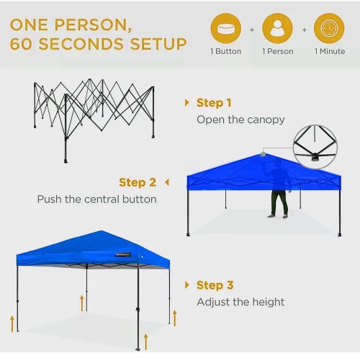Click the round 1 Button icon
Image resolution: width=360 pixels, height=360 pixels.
click(x=226, y=29)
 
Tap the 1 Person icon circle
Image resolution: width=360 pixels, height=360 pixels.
click(x=277, y=29)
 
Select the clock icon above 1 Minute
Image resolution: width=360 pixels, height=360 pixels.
click(x=329, y=29)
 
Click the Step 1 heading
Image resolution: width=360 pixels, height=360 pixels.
click(x=214, y=103)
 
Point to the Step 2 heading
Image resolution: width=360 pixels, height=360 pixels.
click(x=138, y=182)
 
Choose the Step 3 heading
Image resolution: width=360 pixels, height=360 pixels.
click(x=215, y=285)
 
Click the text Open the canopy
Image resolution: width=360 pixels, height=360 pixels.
click(x=240, y=120)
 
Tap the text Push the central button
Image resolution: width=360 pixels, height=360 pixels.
click(x=97, y=199)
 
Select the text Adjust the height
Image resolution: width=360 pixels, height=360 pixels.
click(x=240, y=302)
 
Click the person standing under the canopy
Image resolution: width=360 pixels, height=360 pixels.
click(x=279, y=189)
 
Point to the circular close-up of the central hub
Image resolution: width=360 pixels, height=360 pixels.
click(x=315, y=147)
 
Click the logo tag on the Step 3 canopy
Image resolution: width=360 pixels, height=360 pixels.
click(x=123, y=255)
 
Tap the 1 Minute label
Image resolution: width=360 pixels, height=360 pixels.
click(x=330, y=51)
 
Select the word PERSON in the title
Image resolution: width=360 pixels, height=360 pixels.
click(x=93, y=24)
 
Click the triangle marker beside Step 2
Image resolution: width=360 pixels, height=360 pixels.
click(x=167, y=182)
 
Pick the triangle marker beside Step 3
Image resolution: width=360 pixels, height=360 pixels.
click(x=186, y=285)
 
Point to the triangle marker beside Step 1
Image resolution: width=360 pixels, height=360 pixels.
click(x=186, y=103)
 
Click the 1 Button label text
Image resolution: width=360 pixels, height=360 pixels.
click(x=226, y=51)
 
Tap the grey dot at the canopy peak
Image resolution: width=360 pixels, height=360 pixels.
click(x=264, y=154)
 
